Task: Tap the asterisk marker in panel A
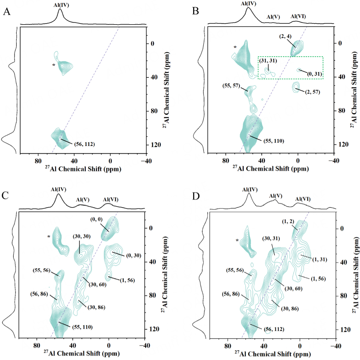(x=54, y=65)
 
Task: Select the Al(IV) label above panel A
(x=61, y=5)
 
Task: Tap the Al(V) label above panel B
(x=273, y=17)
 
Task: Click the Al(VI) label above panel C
(x=110, y=200)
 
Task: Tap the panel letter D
(x=196, y=196)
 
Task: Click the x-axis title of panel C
(x=81, y=353)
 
